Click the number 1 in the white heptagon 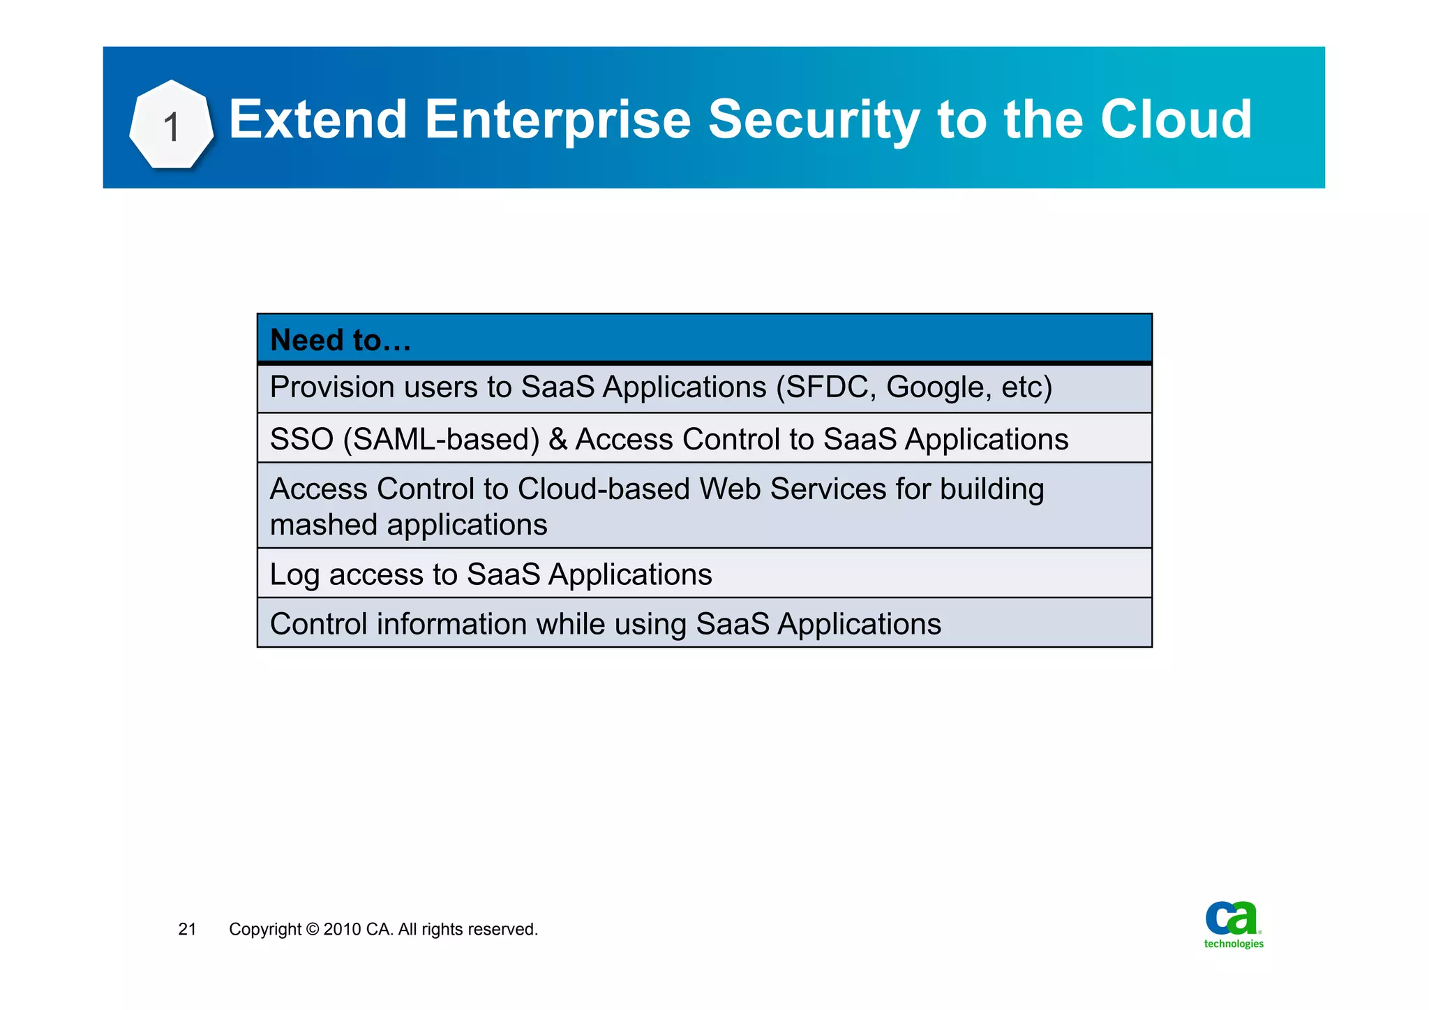(171, 128)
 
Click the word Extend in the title (317, 119)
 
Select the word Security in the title (814, 121)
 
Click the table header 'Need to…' (341, 341)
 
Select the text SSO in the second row (301, 440)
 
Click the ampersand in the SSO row (558, 440)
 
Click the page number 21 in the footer (187, 929)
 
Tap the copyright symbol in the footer (312, 930)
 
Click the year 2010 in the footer (342, 930)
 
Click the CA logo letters (1232, 918)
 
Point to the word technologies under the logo (1234, 944)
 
